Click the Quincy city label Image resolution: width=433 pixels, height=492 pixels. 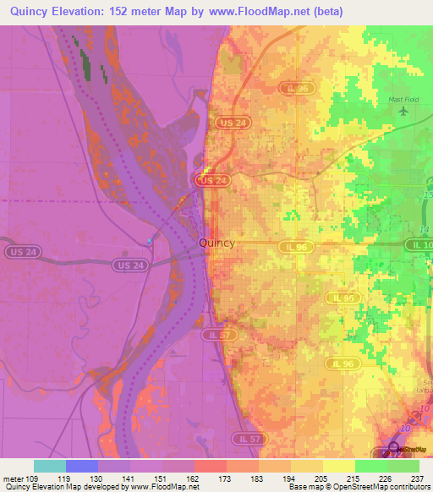pos(216,243)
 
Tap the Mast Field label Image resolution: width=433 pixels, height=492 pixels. pos(403,100)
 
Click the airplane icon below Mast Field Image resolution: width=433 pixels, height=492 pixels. pos(403,112)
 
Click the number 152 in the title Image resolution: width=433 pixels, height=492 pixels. pos(140,12)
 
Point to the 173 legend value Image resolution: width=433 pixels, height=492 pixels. pos(227,478)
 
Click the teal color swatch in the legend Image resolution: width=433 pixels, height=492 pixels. pos(50,466)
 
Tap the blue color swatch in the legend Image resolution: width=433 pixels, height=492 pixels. pos(82,466)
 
